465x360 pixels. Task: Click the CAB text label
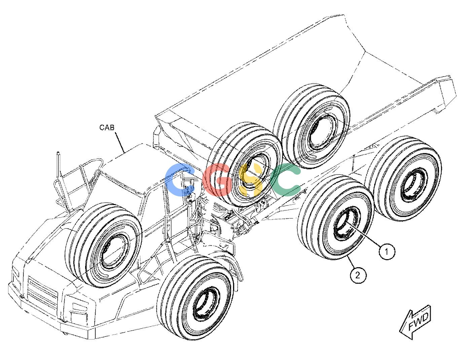click(107, 127)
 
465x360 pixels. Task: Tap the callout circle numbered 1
click(387, 252)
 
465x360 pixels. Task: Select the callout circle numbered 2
click(358, 275)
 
